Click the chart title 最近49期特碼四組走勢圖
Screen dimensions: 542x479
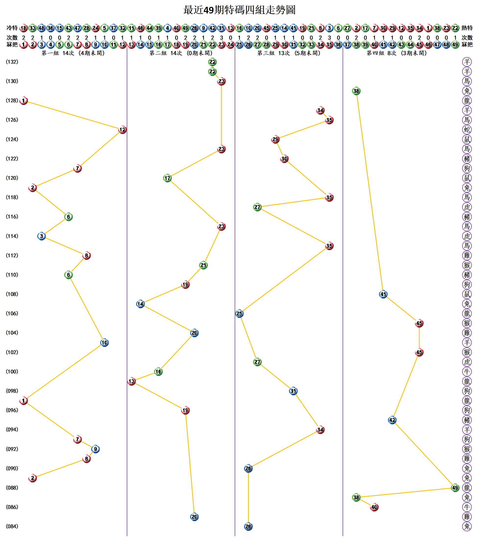pos(239,10)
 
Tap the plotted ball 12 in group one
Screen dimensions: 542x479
pos(122,130)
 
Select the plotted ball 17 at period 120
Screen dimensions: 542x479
pos(167,178)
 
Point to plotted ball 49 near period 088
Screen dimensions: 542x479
pos(455,487)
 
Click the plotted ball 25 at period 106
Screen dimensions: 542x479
pos(239,313)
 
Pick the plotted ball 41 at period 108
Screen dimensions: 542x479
pos(383,294)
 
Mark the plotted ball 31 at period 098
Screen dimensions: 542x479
pos(293,391)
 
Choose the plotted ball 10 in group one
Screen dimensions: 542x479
pos(104,343)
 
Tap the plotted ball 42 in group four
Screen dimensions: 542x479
pos(392,420)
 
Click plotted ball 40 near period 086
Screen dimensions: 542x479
pos(374,507)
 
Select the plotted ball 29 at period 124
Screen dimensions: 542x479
pos(275,139)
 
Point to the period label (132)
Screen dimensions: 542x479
pos(12,62)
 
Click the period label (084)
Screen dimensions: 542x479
pos(12,526)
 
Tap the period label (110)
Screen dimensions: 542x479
pos(12,275)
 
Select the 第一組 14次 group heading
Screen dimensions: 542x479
pos(73,53)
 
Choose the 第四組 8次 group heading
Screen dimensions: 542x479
pos(397,53)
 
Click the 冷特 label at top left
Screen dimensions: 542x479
pos(12,28)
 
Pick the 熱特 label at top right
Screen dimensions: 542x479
pos(467,28)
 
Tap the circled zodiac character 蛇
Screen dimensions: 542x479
pos(467,130)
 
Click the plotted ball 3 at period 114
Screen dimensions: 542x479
pos(41,236)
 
